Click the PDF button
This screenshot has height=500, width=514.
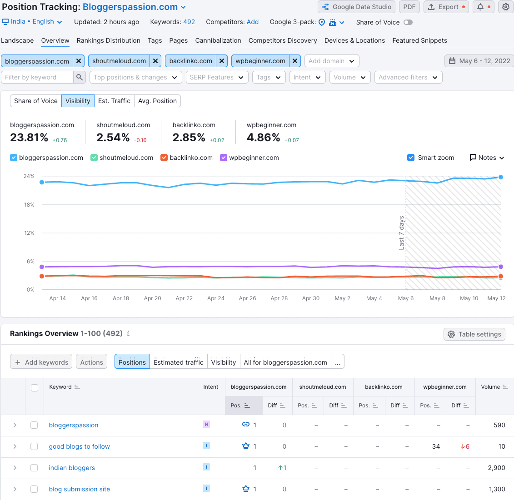(409, 7)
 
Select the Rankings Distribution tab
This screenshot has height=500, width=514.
(108, 40)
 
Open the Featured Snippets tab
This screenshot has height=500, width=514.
(419, 40)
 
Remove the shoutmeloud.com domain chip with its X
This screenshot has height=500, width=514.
(156, 61)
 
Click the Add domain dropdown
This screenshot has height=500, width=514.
(332, 61)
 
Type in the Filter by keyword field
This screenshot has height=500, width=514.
(37, 77)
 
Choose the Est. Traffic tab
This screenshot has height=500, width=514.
(114, 101)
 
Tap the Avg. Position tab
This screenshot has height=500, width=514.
(157, 101)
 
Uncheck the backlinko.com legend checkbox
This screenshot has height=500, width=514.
(164, 158)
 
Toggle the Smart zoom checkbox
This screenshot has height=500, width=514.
(411, 158)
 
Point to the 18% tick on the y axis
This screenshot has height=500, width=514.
(29, 205)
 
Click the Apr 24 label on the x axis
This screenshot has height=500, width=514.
(216, 298)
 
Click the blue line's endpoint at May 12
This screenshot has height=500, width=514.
(500, 177)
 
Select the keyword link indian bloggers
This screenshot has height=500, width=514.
(72, 468)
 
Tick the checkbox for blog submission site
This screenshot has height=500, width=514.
(34, 489)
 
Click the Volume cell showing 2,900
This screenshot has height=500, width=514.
(496, 468)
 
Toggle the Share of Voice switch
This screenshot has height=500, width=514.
(408, 22)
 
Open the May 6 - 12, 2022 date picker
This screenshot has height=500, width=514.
(479, 61)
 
